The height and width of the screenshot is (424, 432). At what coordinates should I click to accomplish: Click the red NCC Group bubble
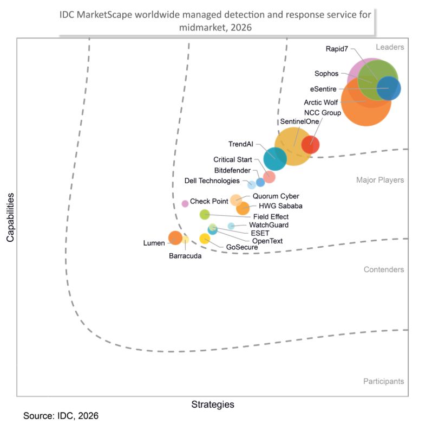[310, 145]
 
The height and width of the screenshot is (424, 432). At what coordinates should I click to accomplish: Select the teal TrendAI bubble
[275, 159]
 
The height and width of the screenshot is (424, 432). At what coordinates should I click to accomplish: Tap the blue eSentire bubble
[389, 88]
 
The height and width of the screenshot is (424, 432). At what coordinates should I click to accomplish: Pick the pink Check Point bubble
[185, 203]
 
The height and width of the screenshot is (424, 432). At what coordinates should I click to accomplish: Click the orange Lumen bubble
[175, 238]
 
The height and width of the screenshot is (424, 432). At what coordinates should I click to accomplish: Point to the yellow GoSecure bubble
[205, 239]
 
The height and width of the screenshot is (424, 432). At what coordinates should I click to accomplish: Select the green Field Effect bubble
[205, 214]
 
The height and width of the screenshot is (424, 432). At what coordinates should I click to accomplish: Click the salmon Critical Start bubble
[269, 177]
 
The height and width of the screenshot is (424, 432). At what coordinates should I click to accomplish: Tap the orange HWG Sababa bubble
[243, 208]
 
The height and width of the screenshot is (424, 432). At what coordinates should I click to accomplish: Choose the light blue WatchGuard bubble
[231, 226]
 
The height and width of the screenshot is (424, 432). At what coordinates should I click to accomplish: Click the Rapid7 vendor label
[337, 49]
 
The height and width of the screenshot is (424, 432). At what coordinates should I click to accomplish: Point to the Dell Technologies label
[212, 181]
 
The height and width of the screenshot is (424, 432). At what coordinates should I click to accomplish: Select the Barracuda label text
[185, 256]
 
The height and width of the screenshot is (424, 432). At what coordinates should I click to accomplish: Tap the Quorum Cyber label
[276, 196]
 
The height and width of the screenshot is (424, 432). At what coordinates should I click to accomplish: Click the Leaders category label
[390, 47]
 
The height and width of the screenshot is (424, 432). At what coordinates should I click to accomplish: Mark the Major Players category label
[380, 180]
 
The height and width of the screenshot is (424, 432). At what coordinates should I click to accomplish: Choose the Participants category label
[383, 381]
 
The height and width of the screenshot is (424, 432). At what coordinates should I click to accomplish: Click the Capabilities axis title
[10, 217]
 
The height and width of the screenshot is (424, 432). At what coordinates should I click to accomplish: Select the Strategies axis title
[213, 404]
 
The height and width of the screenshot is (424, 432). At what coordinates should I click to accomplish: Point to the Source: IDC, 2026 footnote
[61, 416]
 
